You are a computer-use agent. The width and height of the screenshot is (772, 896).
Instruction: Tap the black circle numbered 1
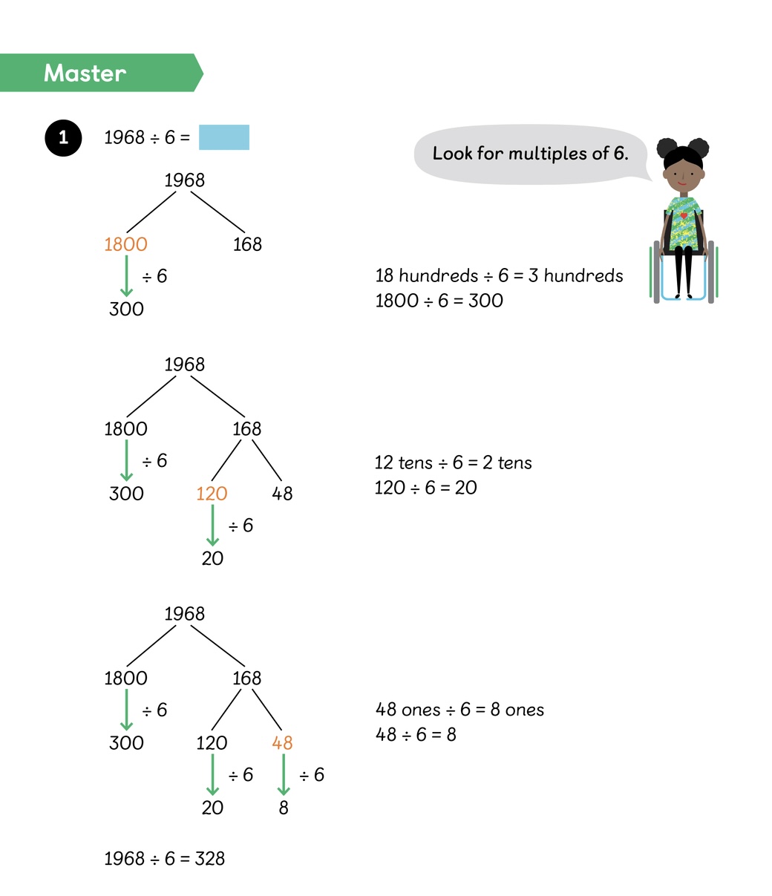pyautogui.click(x=63, y=137)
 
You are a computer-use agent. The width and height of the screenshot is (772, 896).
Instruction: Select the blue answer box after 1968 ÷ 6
pyautogui.click(x=224, y=137)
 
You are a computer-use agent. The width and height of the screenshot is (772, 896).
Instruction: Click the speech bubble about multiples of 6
pyautogui.click(x=530, y=154)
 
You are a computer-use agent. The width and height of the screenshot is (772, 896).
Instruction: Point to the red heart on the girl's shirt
pyautogui.click(x=684, y=215)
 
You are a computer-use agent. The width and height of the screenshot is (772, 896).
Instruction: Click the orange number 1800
pyautogui.click(x=125, y=244)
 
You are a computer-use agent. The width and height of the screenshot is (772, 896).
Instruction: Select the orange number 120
pyautogui.click(x=212, y=494)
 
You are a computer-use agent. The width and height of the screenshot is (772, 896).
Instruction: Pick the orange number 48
pyautogui.click(x=282, y=743)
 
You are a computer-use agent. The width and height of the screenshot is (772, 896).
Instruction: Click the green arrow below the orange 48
pyautogui.click(x=283, y=775)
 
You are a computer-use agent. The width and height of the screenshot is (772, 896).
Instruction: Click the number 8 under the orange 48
pyautogui.click(x=283, y=808)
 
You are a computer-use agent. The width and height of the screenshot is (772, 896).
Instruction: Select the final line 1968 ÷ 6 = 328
pyautogui.click(x=164, y=859)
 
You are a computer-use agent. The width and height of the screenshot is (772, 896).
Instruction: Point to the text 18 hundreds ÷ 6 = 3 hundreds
pyautogui.click(x=499, y=276)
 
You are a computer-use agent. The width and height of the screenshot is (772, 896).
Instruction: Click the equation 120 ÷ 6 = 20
pyautogui.click(x=425, y=488)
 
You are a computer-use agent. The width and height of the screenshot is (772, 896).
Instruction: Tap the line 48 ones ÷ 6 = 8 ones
pyautogui.click(x=459, y=710)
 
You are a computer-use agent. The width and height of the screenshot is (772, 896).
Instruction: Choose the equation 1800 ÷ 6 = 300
pyautogui.click(x=439, y=301)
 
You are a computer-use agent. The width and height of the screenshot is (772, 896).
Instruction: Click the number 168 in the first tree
pyautogui.click(x=247, y=244)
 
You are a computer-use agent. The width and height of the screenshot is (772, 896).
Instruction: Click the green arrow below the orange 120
pyautogui.click(x=212, y=526)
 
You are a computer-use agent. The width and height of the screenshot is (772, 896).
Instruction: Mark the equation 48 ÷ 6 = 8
pyautogui.click(x=416, y=735)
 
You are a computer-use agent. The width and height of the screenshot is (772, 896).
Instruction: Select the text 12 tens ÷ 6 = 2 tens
pyautogui.click(x=453, y=463)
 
